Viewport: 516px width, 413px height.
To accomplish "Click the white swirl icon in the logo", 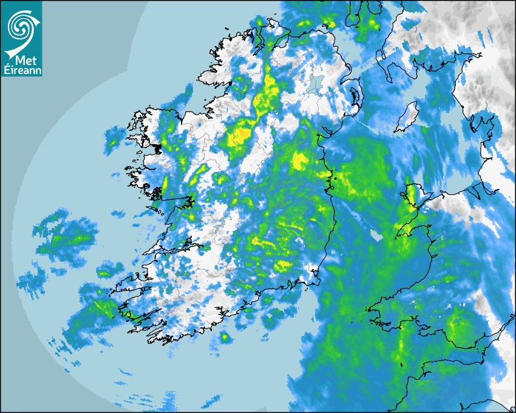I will [21, 26].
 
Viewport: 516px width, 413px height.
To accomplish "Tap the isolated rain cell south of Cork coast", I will [225, 336].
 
